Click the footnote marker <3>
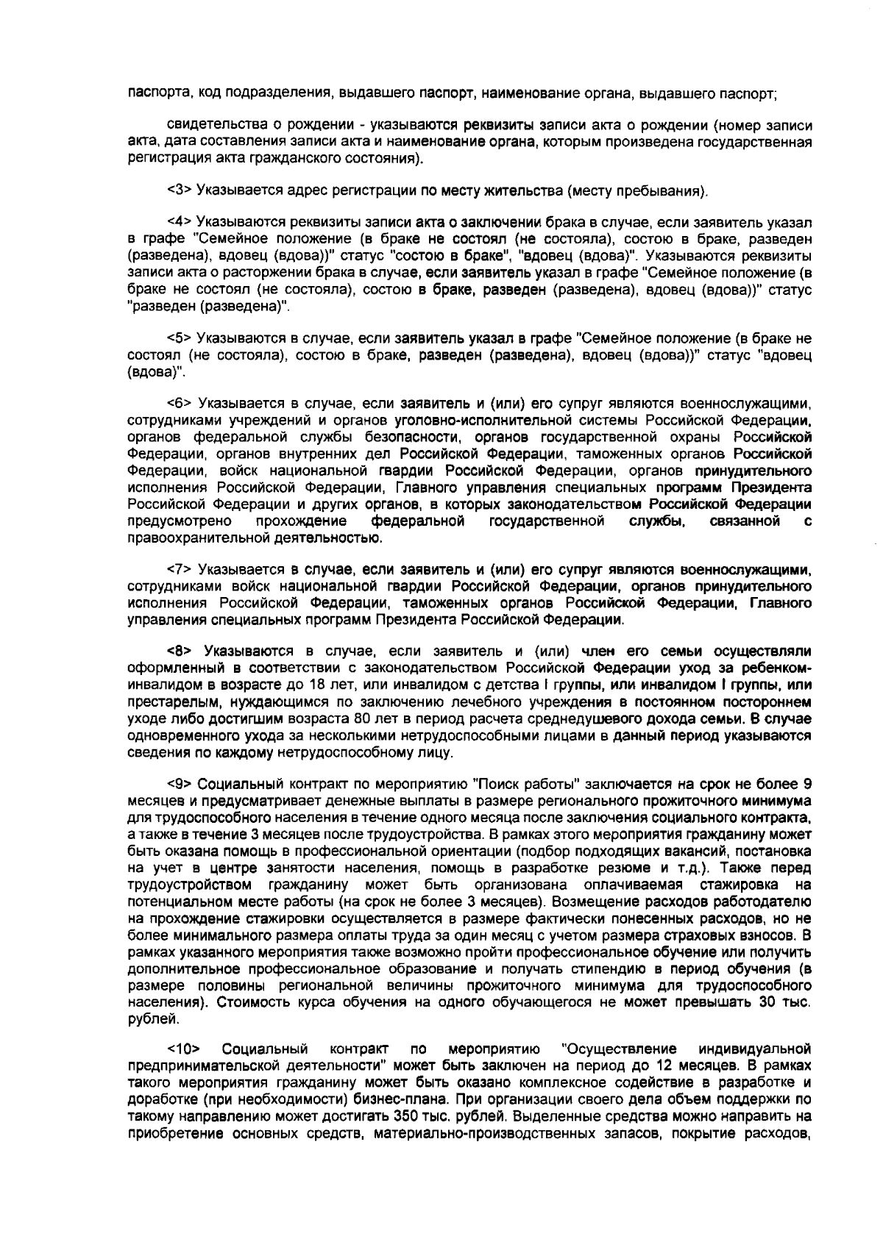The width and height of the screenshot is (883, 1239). [x=180, y=191]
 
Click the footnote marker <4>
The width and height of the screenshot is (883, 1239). [x=180, y=222]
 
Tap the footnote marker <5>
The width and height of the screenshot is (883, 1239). [x=180, y=339]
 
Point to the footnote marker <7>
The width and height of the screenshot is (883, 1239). [x=180, y=570]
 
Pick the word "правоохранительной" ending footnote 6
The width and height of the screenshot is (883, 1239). [x=196, y=538]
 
